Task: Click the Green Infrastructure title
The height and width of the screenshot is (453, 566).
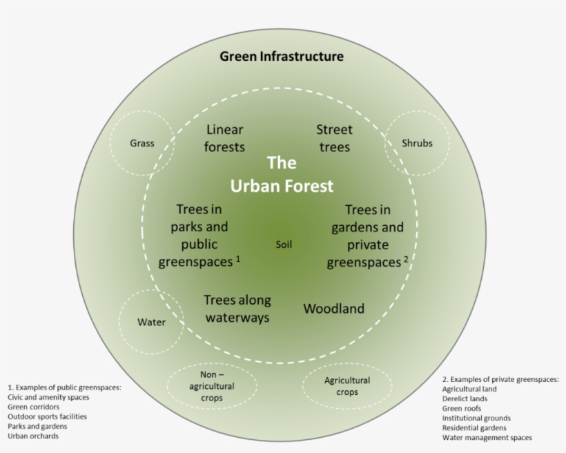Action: (281, 57)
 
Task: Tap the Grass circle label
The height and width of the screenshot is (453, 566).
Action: (142, 144)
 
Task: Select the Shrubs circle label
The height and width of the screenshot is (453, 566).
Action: (417, 144)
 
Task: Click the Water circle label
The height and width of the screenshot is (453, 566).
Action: (151, 322)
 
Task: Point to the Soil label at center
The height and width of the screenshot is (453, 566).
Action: (284, 244)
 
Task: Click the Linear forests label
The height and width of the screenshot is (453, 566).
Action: (225, 138)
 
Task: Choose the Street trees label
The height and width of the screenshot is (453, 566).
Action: (335, 138)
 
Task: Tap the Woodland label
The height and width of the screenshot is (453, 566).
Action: (333, 309)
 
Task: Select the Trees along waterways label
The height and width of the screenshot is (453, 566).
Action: (237, 309)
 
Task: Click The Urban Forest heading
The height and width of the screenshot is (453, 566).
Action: (282, 175)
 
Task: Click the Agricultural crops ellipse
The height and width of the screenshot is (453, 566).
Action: (347, 386)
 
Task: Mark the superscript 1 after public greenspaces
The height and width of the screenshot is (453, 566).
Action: (237, 259)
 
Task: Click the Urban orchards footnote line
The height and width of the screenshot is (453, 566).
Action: (32, 436)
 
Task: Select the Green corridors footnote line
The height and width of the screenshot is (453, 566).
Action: (34, 407)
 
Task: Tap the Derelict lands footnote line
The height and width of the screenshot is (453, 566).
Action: (465, 399)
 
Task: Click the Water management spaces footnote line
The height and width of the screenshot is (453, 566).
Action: (487, 438)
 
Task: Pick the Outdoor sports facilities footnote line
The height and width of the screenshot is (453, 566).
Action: (48, 417)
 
